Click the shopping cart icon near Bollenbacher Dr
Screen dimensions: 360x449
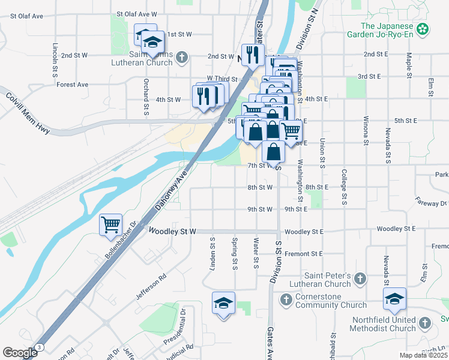coord(111,226)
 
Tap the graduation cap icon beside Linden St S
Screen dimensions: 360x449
coord(223,303)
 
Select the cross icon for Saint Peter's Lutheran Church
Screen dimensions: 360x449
coord(360,278)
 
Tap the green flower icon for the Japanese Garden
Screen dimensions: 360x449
coord(424,28)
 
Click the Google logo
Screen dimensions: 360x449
coord(20,352)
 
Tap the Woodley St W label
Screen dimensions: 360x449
coord(172,231)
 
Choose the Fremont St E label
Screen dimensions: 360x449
coord(304,254)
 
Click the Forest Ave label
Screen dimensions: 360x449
coord(73,85)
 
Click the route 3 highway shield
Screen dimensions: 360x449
coord(40,347)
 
